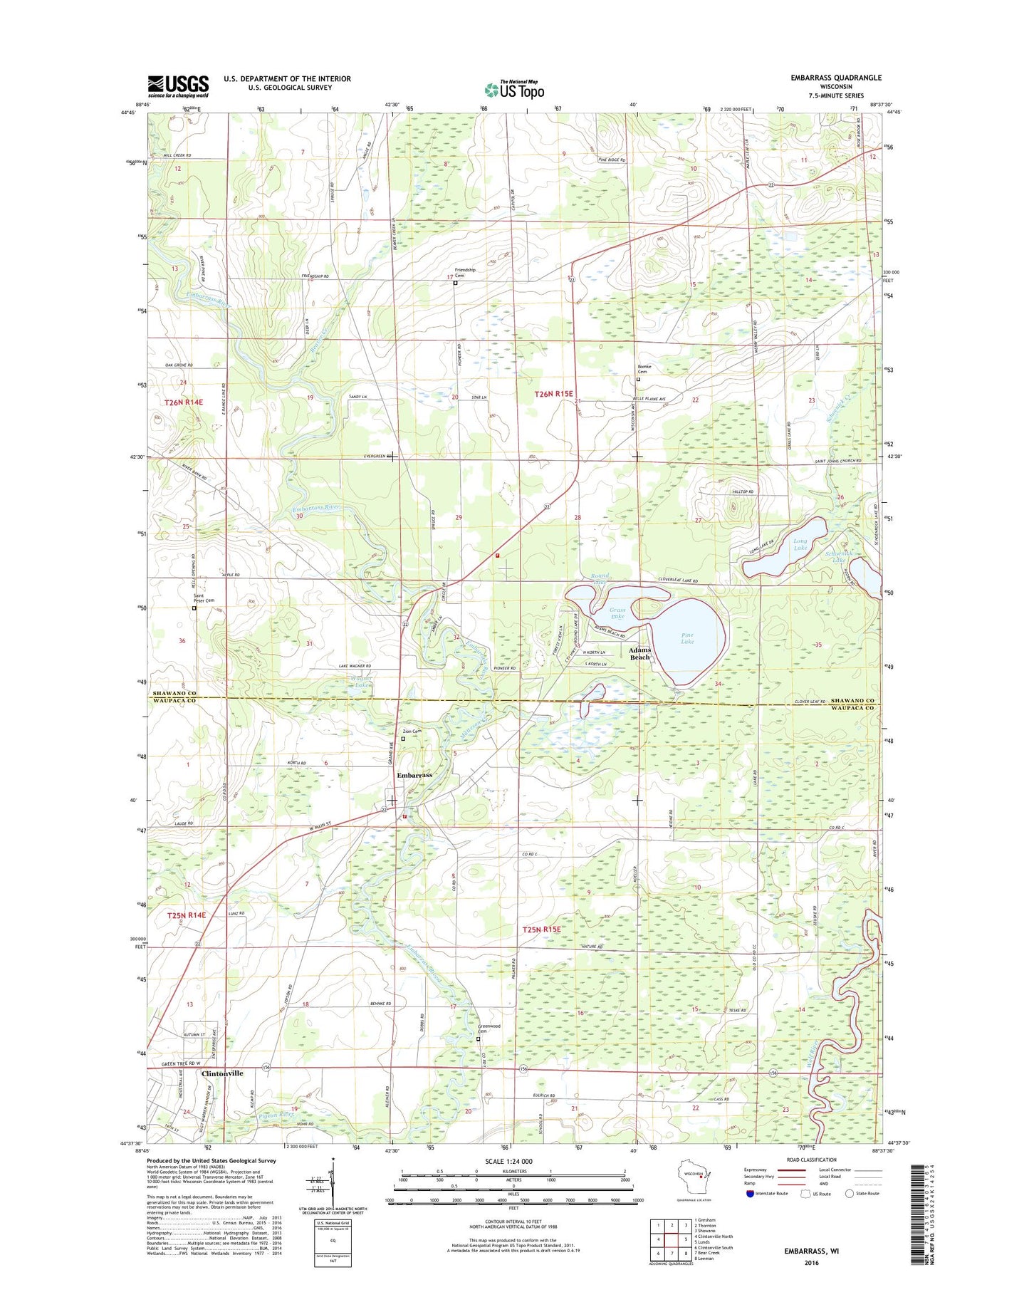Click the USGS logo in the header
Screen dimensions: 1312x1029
178,86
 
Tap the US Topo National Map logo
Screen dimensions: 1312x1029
514,89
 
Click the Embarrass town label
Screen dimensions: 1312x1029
414,775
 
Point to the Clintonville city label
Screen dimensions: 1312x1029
222,1073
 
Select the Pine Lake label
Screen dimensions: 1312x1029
687,638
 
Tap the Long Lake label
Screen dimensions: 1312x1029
800,544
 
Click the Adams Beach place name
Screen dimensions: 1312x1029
639,653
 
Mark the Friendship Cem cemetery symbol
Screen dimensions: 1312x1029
456,283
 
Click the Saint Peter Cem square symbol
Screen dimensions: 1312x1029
194,608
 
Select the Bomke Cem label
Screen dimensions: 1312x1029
644,369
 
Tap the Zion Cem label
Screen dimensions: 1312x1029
412,732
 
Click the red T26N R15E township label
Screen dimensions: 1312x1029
553,393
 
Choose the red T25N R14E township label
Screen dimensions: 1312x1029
186,915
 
